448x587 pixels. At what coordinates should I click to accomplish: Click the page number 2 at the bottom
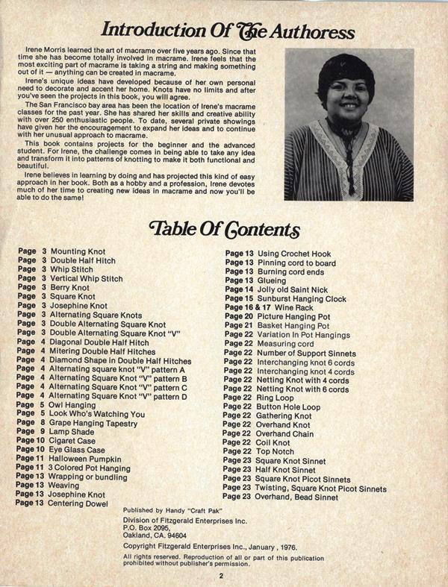pyautogui.click(x=222, y=575)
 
